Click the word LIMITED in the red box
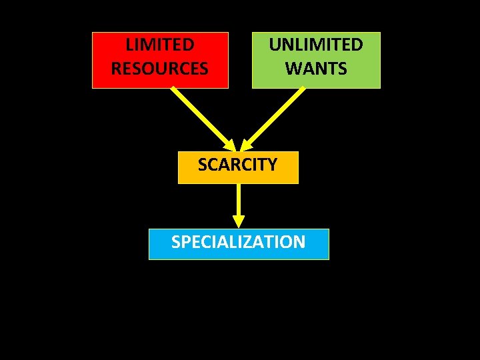pos(160,45)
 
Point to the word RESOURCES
pos(160,68)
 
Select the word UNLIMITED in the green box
pos(316,45)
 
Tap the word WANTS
pos(316,68)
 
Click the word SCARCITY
pos(237,165)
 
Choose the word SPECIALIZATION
pos(239,241)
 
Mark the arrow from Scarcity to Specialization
pos(239,200)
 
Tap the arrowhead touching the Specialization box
pos(239,221)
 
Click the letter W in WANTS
pos(293,68)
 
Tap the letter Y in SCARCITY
pos(271,165)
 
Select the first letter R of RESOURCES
pos(116,68)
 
